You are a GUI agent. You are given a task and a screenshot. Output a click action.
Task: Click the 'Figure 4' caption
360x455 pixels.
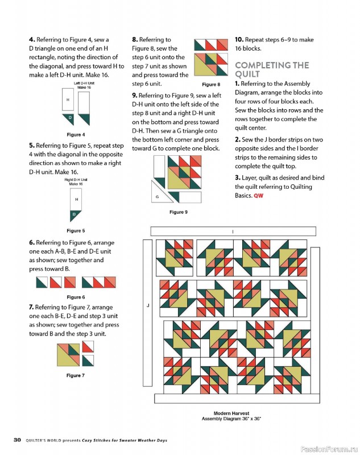76,135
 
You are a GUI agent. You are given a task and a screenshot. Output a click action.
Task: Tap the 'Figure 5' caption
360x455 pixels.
76,231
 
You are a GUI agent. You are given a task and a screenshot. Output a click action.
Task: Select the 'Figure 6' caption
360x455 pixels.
76,297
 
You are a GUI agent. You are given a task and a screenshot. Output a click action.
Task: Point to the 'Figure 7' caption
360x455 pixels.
76,375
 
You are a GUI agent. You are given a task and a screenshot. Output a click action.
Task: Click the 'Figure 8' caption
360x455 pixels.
211,84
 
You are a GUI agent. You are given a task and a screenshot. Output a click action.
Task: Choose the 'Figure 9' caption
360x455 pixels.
179,212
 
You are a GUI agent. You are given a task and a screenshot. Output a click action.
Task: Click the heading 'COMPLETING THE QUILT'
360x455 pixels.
272,69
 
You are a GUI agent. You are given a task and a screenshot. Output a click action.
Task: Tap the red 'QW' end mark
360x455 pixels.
258,196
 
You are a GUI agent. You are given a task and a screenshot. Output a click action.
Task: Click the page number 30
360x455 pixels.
18,440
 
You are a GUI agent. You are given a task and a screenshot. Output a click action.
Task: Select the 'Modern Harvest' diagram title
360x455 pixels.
231,413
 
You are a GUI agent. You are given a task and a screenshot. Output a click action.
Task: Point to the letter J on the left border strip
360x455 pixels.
148,305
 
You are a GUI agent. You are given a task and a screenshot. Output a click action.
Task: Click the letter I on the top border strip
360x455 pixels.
233,231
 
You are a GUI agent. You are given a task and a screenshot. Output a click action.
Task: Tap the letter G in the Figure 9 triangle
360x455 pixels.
157,197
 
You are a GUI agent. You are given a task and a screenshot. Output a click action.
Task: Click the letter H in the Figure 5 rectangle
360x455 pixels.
77,200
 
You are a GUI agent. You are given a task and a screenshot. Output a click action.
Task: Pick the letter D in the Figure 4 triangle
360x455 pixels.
70,118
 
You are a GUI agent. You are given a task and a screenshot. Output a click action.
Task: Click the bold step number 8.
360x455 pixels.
135,39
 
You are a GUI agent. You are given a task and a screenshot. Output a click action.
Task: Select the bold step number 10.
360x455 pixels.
239,39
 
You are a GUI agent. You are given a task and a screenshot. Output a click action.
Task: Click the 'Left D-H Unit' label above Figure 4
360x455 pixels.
84,84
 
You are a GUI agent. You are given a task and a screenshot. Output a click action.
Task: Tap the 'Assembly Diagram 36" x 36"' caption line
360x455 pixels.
231,419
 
